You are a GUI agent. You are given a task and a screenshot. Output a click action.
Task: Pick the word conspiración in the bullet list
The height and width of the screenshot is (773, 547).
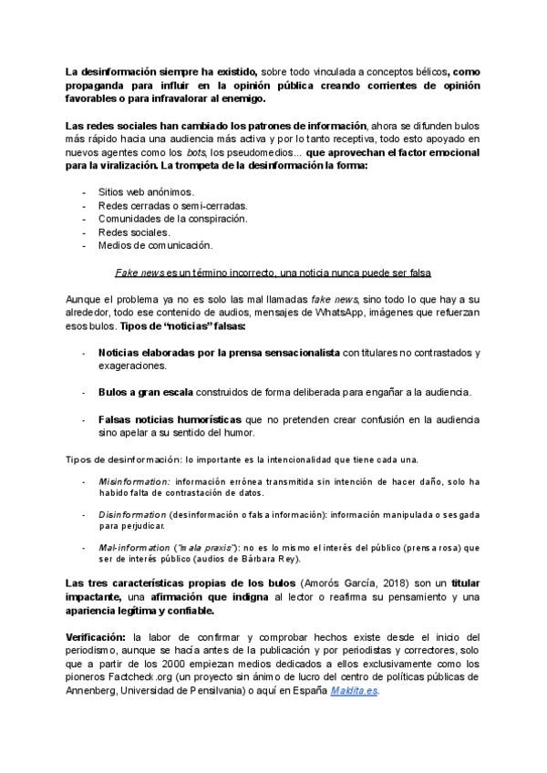[212, 219]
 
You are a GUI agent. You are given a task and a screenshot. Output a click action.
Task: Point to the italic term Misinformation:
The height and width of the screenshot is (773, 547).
[134, 480]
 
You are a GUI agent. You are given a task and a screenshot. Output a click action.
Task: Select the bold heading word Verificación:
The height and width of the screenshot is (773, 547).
[96, 634]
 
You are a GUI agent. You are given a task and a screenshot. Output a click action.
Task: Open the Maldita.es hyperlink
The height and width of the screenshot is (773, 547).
[354, 690]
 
